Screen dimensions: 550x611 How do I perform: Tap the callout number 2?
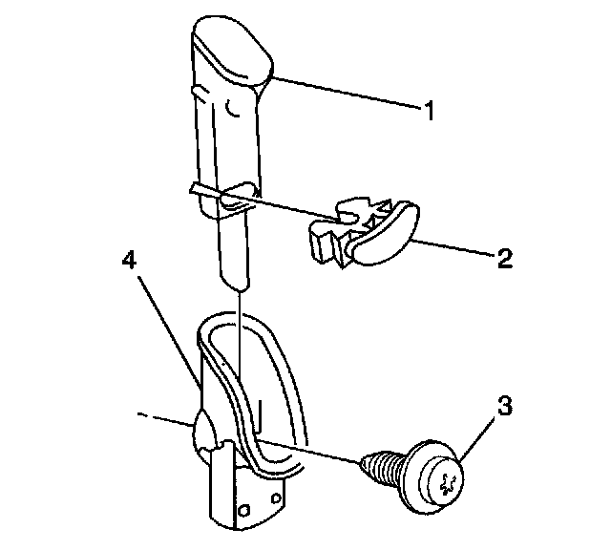coord(505,258)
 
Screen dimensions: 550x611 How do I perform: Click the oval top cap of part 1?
coord(232,53)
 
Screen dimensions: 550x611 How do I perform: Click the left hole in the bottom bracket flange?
coord(238,509)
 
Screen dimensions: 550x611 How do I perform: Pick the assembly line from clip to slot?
coord(286,210)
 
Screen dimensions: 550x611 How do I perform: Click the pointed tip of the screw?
coord(364,462)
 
